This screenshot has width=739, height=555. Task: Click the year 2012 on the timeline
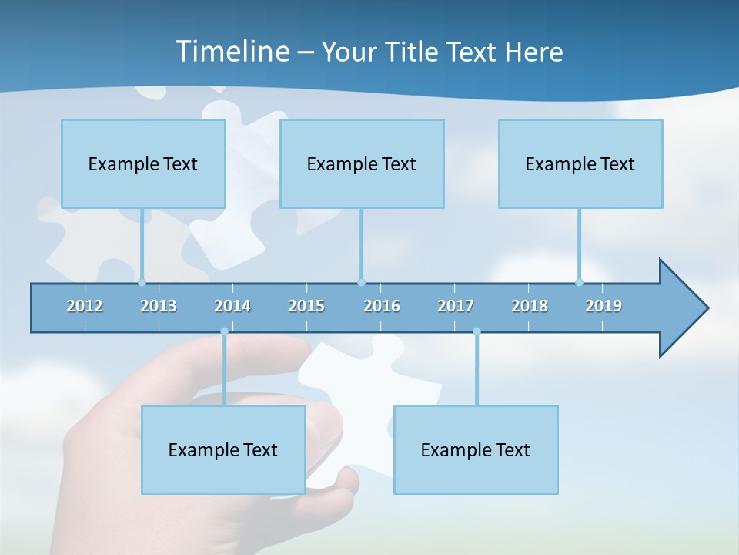(85, 306)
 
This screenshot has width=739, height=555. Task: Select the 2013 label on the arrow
(159, 306)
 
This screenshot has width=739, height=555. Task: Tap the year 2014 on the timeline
(232, 306)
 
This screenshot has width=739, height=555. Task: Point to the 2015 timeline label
(306, 306)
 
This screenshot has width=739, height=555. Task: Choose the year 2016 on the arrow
(382, 306)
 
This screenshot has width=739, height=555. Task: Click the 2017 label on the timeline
(456, 306)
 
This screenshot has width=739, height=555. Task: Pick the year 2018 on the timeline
(530, 306)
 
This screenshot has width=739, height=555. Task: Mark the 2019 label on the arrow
(604, 306)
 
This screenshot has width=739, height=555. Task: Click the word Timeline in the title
(231, 52)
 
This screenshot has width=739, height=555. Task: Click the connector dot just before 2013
(142, 282)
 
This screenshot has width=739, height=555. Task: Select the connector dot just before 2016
(361, 282)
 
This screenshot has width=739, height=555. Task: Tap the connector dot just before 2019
(579, 282)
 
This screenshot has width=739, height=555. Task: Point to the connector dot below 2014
(224, 331)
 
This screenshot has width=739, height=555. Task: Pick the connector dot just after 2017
(477, 331)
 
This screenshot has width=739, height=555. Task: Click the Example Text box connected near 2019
(580, 163)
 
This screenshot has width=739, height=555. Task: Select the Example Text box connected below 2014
(223, 449)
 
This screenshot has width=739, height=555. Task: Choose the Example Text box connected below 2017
(476, 449)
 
